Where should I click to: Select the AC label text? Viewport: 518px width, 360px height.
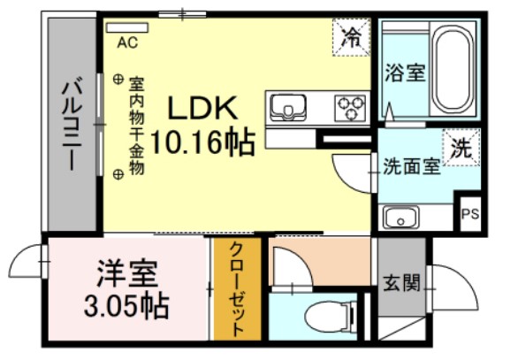click(x=126, y=41)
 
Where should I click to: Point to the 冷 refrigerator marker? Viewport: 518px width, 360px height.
click(x=352, y=38)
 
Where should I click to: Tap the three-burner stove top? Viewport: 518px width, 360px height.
click(x=349, y=108)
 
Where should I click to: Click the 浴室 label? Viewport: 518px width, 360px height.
click(x=405, y=74)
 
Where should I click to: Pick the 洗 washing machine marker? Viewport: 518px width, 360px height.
click(x=461, y=148)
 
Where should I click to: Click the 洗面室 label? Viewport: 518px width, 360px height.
click(x=411, y=166)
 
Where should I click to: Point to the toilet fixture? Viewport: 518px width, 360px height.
click(x=319, y=315)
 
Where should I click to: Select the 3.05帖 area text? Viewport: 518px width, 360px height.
click(x=127, y=307)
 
